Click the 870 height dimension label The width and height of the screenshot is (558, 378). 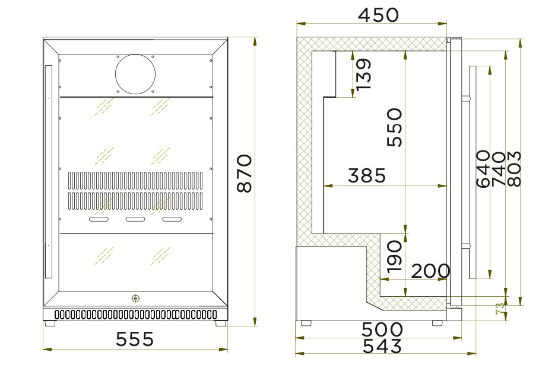point(245,173)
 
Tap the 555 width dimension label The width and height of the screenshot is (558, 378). point(135,339)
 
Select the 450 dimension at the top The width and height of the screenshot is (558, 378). point(379,15)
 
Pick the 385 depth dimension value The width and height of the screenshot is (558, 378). point(367,176)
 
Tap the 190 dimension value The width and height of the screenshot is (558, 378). point(395,256)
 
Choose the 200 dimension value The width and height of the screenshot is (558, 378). point(430,271)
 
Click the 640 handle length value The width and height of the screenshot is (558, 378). point(483,169)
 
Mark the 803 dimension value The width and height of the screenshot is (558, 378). point(514,169)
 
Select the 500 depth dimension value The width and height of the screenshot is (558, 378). point(382,329)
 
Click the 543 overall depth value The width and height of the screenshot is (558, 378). point(382,346)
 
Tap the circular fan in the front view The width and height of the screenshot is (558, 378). point(135,74)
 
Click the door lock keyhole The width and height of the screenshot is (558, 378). point(136,299)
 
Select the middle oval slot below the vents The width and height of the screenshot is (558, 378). point(135,220)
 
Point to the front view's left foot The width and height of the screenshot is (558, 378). point(49,324)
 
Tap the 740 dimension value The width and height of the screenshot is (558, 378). point(499,169)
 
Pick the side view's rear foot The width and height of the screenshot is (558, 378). point(306,323)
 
